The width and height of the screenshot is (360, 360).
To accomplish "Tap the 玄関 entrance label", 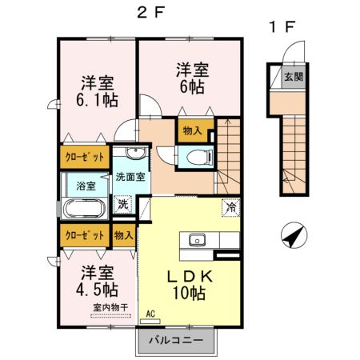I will tap(293, 78).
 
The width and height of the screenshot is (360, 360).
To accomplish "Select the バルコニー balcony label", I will tap(180, 340).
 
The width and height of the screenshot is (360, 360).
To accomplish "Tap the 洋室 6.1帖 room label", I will tap(98, 91).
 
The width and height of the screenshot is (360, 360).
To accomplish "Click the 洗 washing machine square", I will tap(122, 203).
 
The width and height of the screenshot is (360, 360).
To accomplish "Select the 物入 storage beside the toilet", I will tap(192, 130).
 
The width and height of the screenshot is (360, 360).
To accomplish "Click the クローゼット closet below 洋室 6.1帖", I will tap(82, 156).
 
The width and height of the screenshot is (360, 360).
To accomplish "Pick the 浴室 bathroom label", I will tap(86, 186).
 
